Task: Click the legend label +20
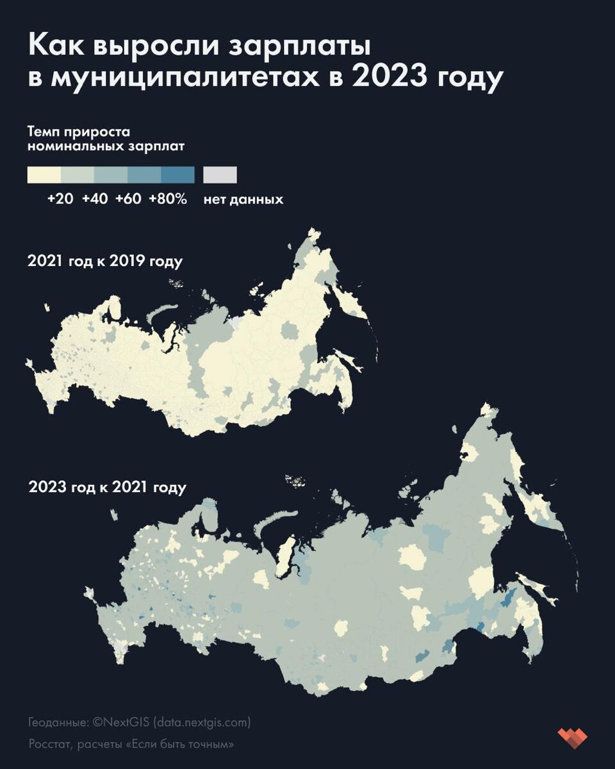[60, 199]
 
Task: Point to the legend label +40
[95, 199]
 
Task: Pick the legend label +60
[128, 199]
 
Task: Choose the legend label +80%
[168, 199]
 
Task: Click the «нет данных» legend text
[243, 199]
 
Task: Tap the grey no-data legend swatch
[220, 174]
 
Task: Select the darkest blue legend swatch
[177, 174]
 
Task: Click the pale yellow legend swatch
[44, 174]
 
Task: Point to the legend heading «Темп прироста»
[79, 132]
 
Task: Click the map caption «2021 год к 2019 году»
[105, 261]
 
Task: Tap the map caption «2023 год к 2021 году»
[108, 487]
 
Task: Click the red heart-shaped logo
[572, 736]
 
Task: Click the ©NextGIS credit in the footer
[121, 722]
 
